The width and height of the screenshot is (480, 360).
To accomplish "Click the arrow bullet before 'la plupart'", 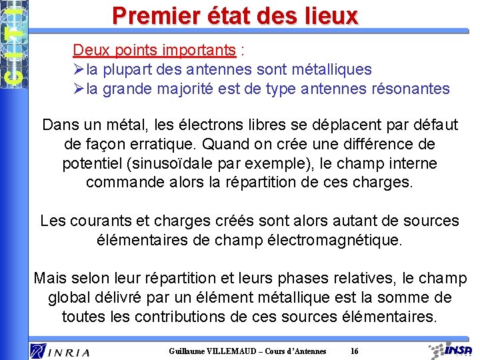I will pos(78,69).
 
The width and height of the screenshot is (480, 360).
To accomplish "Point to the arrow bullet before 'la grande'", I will pos(78,89).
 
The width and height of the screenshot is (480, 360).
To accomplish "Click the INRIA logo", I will pos(59,350).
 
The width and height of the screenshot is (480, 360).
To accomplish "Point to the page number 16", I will pos(354,351).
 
